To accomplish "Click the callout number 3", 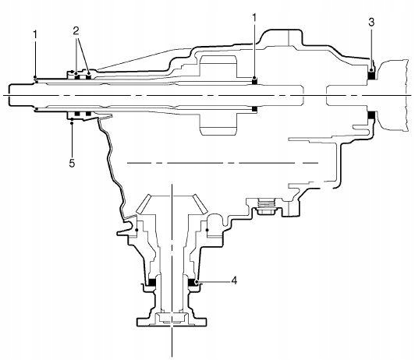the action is pyautogui.click(x=371, y=23).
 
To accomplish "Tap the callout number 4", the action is pyautogui.click(x=234, y=281).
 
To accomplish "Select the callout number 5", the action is pyautogui.click(x=72, y=164).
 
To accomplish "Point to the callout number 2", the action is pyautogui.click(x=76, y=31).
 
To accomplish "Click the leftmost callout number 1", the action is pyautogui.click(x=35, y=34).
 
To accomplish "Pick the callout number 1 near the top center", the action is pyautogui.click(x=254, y=18).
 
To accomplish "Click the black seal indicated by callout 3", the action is pyautogui.click(x=371, y=76).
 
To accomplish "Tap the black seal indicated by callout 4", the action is pyautogui.click(x=192, y=283).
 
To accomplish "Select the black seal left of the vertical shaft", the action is pyautogui.click(x=151, y=283).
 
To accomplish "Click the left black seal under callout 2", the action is pyautogui.click(x=77, y=77).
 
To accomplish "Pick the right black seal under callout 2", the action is pyautogui.click(x=88, y=77).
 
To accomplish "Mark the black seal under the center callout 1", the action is pyautogui.click(x=254, y=82).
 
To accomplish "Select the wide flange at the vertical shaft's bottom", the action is pyautogui.click(x=172, y=321).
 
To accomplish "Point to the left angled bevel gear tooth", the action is pyautogui.click(x=144, y=203).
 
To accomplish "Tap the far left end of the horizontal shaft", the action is pyautogui.click(x=9, y=95).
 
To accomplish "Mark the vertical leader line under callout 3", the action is pyautogui.click(x=371, y=49).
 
